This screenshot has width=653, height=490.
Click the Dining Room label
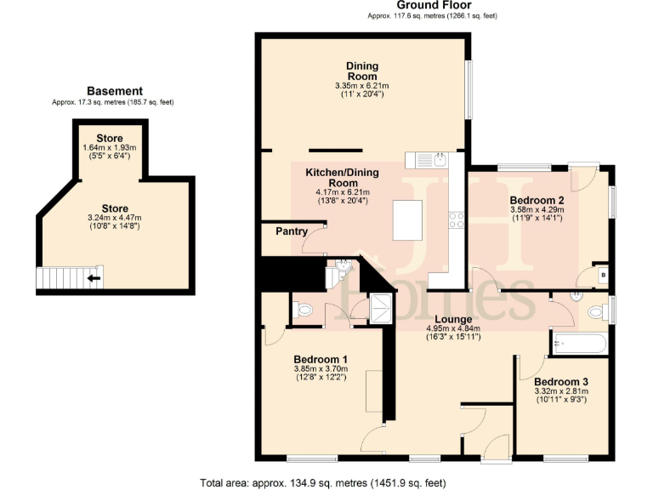coord(361,71)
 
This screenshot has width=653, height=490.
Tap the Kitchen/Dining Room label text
coord(342,177)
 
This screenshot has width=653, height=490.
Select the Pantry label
coord(291,231)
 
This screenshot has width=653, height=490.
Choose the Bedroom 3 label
coord(560,381)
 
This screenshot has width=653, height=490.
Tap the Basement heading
coord(115,91)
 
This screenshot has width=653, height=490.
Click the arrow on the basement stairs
coord(94,277)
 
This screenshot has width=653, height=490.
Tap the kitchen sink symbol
coord(441,159)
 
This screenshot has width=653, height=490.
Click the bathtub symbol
coord(579,344)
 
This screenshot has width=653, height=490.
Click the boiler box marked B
coord(602,275)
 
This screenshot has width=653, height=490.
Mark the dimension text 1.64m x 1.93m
coord(109,147)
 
